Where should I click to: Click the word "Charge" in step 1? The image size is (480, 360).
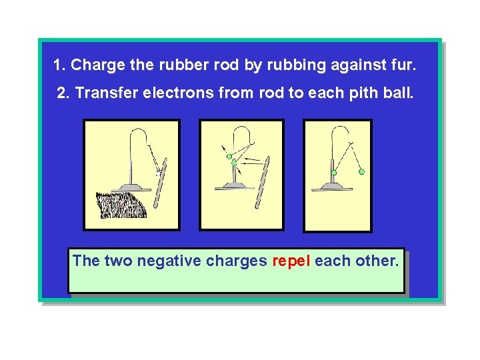[x=93, y=65]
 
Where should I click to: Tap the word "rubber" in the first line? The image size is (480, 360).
[x=175, y=65]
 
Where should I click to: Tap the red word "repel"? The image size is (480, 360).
[x=291, y=260]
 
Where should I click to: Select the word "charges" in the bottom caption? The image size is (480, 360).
[x=237, y=260]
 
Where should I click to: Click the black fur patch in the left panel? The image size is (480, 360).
[x=122, y=205]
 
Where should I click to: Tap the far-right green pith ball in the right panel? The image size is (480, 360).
[x=362, y=171]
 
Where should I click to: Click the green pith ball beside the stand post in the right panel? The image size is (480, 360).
[x=335, y=173]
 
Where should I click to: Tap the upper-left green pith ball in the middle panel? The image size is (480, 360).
[x=229, y=157]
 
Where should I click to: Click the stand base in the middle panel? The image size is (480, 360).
[x=234, y=186]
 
